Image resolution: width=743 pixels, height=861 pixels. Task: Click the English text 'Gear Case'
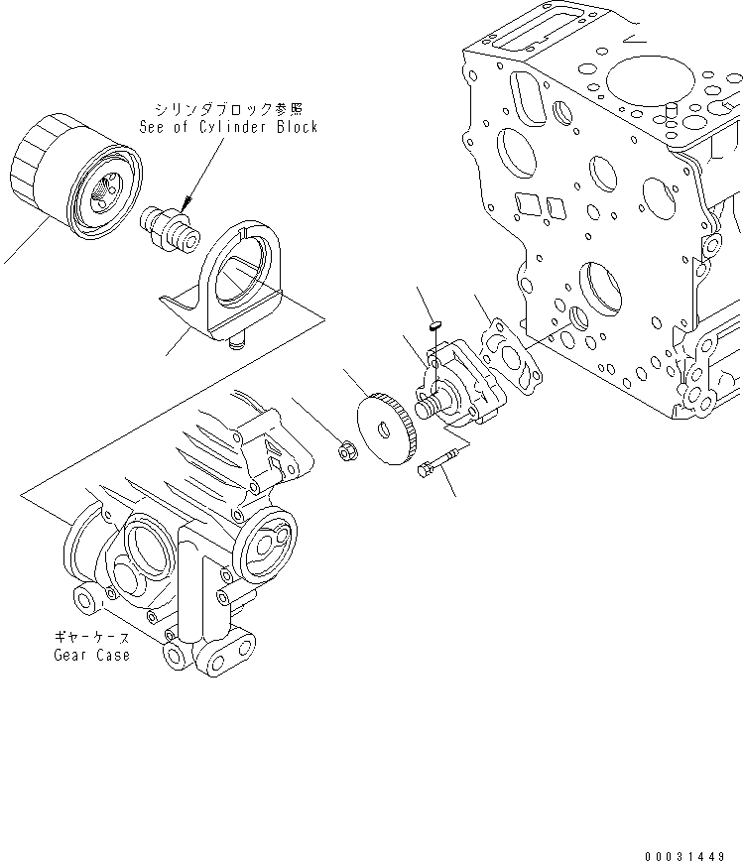coord(91,656)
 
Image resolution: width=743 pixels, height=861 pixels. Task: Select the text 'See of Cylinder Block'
coord(228,127)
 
